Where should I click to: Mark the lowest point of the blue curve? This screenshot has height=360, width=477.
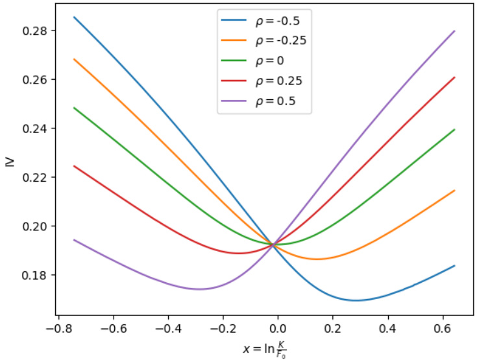(x=355, y=300)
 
